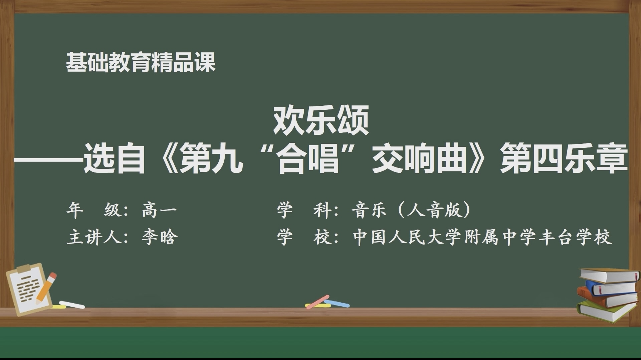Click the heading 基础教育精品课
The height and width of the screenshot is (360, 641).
(x=141, y=62)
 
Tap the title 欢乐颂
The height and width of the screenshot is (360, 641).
(x=321, y=120)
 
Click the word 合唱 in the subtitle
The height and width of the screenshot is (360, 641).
(x=309, y=158)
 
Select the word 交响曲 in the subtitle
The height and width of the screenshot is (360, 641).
(x=419, y=158)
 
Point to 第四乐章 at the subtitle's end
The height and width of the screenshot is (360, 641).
(x=564, y=158)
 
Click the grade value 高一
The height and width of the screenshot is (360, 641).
(x=159, y=210)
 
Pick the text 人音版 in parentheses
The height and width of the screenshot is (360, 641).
(x=435, y=210)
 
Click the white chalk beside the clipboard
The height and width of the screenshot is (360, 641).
(x=72, y=305)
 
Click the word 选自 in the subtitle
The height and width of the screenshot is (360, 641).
(x=114, y=158)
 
